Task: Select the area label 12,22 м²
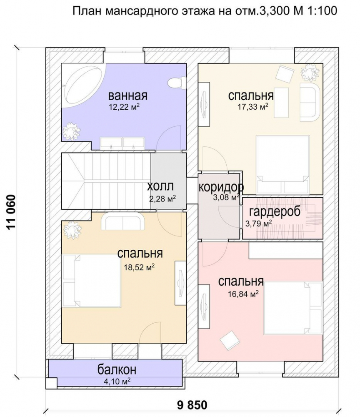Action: point(124,107)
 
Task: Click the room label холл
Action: point(160,186)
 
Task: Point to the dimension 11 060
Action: point(12,212)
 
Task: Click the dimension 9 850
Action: point(192,405)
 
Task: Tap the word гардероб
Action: point(275,212)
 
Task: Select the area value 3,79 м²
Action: point(258,224)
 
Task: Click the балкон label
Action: point(117,369)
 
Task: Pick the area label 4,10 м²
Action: point(117,381)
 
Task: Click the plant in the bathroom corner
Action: point(71,131)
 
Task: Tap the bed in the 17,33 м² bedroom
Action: point(283,165)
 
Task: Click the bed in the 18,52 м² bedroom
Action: point(92,281)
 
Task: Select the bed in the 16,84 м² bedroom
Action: point(292,308)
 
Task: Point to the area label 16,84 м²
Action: point(243,294)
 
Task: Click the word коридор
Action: point(221,187)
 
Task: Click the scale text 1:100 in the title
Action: point(322,11)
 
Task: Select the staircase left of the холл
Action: point(106,181)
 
